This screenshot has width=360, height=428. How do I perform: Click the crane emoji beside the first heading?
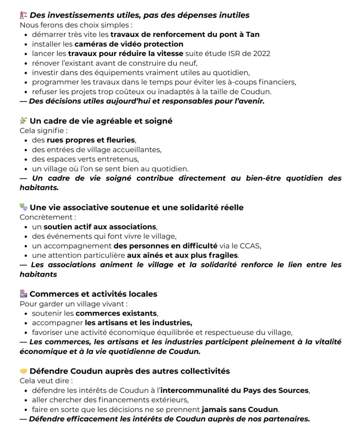tap(23, 15)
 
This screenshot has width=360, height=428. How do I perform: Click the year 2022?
tap(261, 53)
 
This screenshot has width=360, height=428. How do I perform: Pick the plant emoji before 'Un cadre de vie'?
tap(23, 121)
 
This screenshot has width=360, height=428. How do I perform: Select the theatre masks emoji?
tap(23, 207)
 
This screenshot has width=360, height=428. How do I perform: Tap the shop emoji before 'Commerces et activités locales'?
tap(23, 294)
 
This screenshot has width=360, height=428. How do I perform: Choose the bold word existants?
tap(138, 313)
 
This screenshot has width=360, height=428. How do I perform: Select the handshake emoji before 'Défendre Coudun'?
tap(23, 371)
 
